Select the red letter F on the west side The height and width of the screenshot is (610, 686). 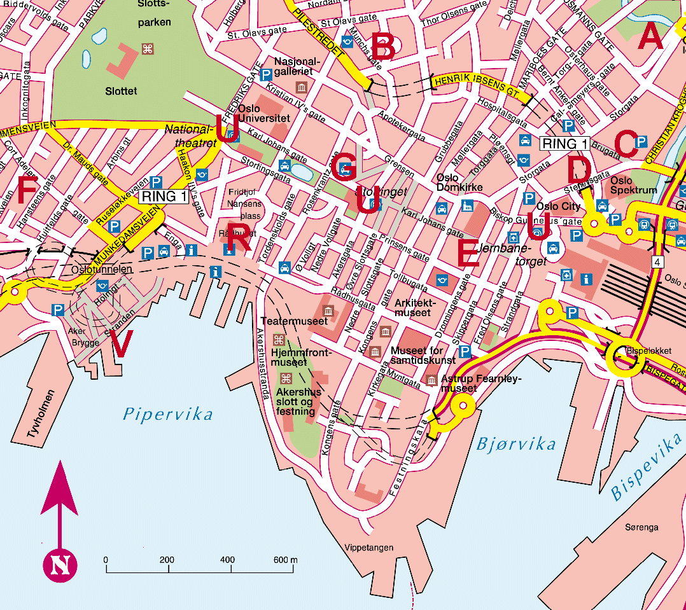pyautogui.click(x=28, y=190)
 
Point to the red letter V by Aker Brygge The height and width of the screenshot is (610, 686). pyautogui.click(x=122, y=344)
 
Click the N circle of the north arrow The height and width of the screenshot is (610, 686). pyautogui.click(x=60, y=564)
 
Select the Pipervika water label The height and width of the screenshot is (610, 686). pyautogui.click(x=168, y=415)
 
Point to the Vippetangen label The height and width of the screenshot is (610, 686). pyautogui.click(x=369, y=548)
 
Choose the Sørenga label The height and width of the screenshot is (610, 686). pyautogui.click(x=641, y=527)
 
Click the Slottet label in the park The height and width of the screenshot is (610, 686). pyautogui.click(x=121, y=91)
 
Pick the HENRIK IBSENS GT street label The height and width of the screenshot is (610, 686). pyautogui.click(x=475, y=87)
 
